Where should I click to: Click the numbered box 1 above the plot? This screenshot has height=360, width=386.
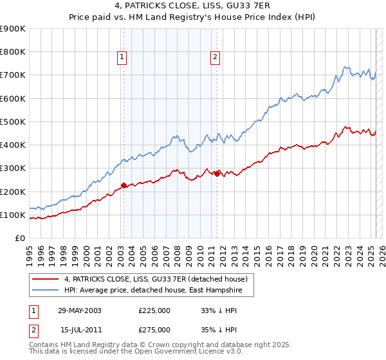tap(122, 57)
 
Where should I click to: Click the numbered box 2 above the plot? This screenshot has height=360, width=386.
tap(215, 57)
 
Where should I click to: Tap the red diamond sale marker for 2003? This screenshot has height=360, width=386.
tap(124, 186)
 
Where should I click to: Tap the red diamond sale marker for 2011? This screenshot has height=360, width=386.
tap(217, 174)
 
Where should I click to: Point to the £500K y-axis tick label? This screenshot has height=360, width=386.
tap(13, 122)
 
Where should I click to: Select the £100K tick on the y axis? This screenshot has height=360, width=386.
tap(13, 215)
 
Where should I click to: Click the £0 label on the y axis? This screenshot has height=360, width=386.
tap(19, 238)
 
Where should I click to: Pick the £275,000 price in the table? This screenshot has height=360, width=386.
tap(154, 330)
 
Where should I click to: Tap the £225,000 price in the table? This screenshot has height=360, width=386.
tap(154, 310)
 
